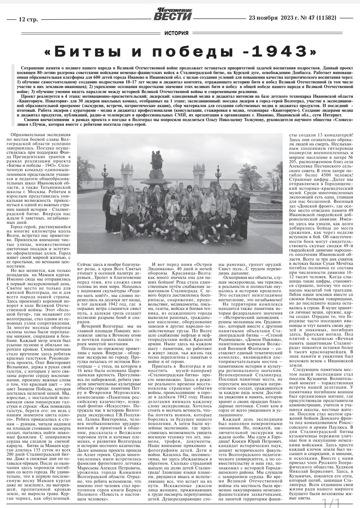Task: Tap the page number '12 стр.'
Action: point(29,19)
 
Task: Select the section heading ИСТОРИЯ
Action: point(176,33)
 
